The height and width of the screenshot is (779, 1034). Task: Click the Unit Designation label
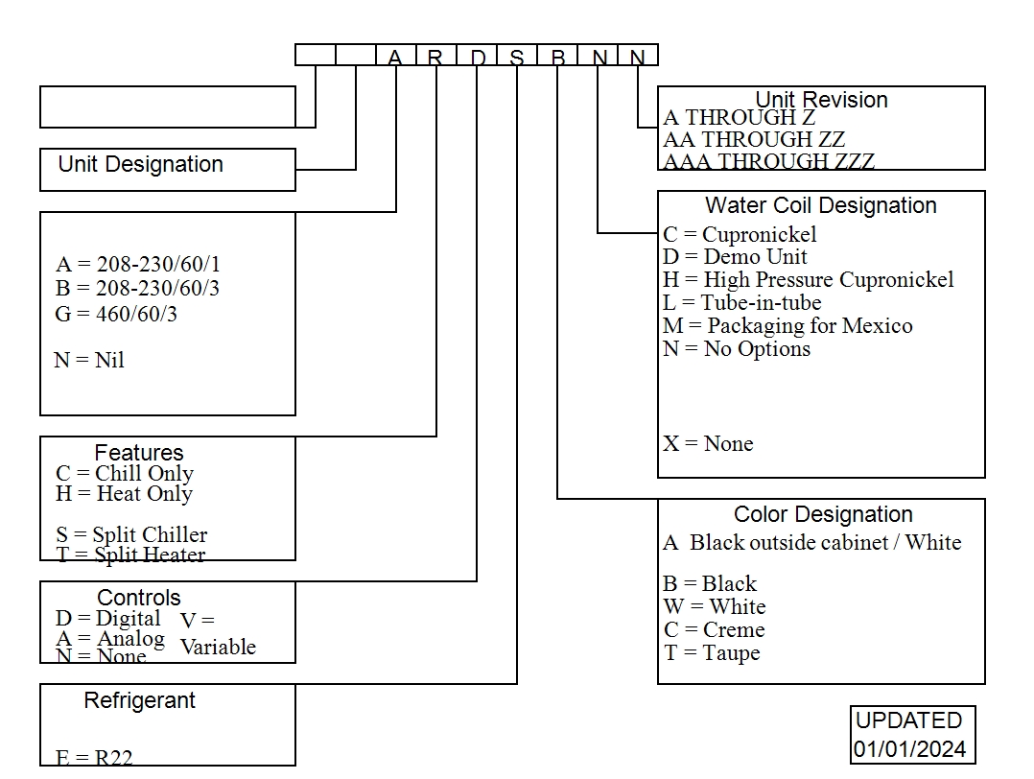click(140, 164)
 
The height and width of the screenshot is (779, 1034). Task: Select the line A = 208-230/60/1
click(138, 265)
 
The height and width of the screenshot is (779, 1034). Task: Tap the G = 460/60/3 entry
click(116, 314)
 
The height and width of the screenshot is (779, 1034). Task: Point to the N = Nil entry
click(89, 361)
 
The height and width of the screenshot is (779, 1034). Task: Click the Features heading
click(139, 452)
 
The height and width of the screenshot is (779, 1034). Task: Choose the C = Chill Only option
click(125, 473)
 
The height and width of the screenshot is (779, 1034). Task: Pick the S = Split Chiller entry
click(131, 534)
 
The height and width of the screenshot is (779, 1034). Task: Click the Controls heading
click(139, 598)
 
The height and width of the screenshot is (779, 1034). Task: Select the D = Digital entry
click(108, 618)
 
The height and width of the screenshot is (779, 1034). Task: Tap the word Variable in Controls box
click(218, 647)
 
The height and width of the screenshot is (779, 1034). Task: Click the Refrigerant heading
click(140, 700)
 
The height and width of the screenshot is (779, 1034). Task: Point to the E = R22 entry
click(94, 757)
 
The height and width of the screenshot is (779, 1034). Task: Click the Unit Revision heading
click(821, 100)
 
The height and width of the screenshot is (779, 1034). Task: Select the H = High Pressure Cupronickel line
click(808, 279)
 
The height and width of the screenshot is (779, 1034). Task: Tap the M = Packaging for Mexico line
click(787, 325)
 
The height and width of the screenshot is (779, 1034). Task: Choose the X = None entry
click(708, 443)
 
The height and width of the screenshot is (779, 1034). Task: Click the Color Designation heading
click(823, 514)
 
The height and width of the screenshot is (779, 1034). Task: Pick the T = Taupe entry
click(711, 652)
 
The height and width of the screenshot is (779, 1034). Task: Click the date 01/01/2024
click(910, 748)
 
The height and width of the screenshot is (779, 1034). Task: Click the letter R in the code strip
click(435, 57)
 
